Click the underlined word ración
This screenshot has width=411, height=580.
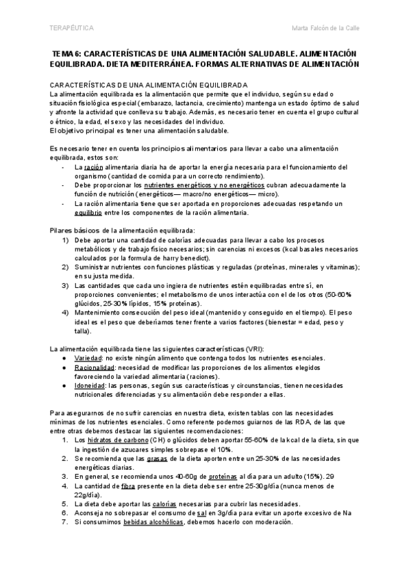[92, 167]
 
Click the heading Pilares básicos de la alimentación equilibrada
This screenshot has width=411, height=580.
[123, 230]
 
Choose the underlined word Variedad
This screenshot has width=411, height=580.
[88, 358]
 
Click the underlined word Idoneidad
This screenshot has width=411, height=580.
[90, 386]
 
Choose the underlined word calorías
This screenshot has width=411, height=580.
[176, 503]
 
